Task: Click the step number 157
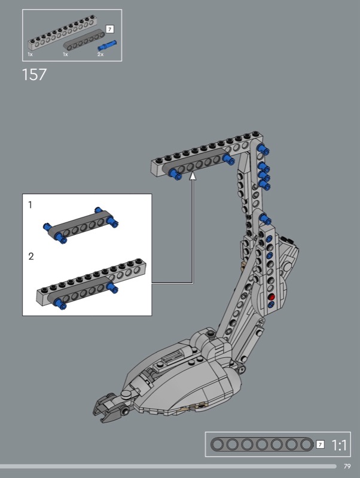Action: coord(34,74)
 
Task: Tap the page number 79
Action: coord(347,466)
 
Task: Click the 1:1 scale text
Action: coord(338,445)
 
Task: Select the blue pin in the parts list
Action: coord(107,45)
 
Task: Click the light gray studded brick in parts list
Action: coord(63,33)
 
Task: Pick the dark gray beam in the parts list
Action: coord(84,39)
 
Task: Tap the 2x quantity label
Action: coord(100,54)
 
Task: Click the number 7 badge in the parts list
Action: coord(109,29)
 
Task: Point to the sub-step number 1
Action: coord(30,205)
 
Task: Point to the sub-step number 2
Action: coord(31,256)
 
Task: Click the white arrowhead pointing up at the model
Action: coord(193,176)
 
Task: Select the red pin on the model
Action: coord(271,297)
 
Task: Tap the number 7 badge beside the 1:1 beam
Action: coord(320,445)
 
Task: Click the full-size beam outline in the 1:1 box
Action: coord(262,445)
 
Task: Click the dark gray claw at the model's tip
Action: coord(107,407)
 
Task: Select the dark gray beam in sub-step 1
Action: coord(81,226)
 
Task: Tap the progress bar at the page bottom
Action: coord(168,466)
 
